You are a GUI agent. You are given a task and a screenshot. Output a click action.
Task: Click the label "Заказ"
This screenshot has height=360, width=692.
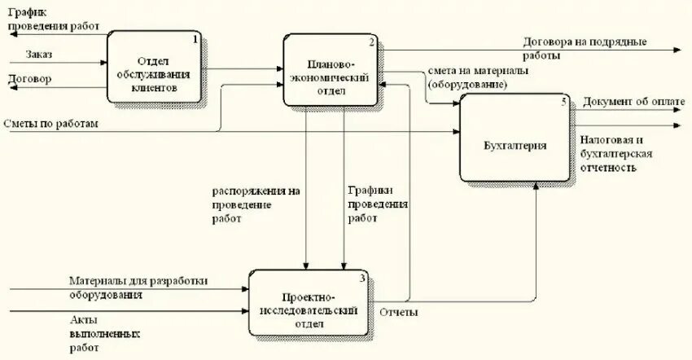[39, 55]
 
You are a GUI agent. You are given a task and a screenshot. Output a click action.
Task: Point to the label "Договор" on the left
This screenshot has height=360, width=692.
[29, 79]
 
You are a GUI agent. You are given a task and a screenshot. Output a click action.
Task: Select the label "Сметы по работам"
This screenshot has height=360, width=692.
[50, 123]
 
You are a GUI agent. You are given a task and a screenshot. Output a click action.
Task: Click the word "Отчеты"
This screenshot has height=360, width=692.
[400, 311]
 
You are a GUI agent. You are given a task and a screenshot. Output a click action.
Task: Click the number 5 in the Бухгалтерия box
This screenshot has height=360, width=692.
[563, 101]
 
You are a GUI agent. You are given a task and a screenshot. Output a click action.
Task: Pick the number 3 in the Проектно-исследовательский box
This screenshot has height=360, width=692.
[362, 278]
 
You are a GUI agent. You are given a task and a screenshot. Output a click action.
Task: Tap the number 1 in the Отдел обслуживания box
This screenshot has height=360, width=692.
[195, 38]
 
